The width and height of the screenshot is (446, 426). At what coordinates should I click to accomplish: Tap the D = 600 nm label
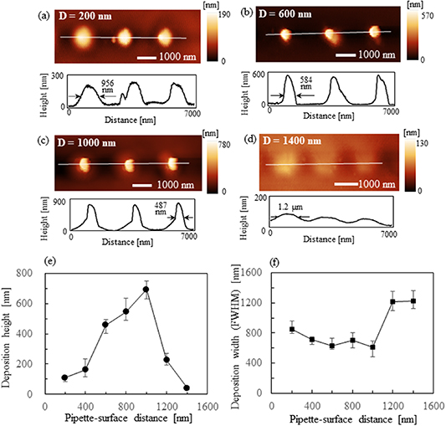tap(290, 18)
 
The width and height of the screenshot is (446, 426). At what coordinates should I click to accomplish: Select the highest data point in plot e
tap(146, 290)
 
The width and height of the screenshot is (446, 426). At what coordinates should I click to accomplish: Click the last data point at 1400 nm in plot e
tap(187, 388)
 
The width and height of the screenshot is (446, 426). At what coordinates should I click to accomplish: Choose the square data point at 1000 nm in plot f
tap(372, 346)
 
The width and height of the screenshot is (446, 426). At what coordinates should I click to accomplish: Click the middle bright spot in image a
tap(124, 38)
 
